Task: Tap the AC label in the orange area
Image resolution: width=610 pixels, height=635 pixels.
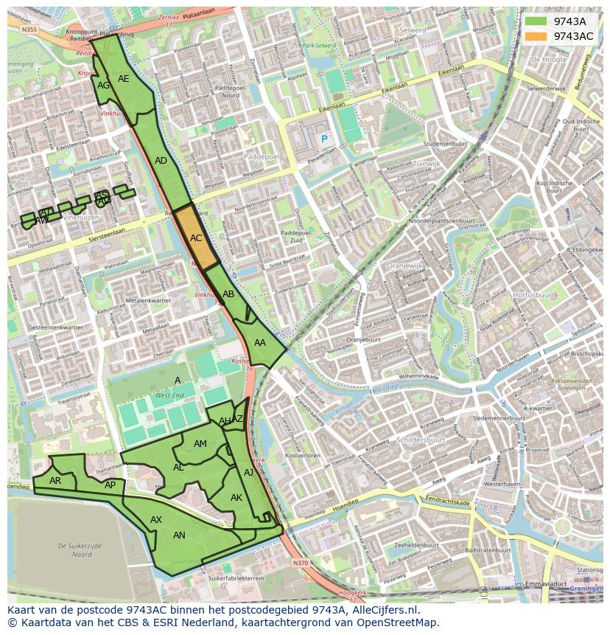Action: point(196,238)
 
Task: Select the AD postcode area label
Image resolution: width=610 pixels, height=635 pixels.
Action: point(161,161)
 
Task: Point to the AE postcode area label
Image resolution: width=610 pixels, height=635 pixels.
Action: point(124,79)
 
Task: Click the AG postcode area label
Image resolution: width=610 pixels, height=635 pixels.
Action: point(104,86)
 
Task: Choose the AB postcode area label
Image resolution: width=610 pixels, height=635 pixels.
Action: point(228,294)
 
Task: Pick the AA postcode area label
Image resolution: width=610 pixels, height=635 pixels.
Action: point(260,343)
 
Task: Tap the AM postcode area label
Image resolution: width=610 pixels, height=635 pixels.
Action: point(200,444)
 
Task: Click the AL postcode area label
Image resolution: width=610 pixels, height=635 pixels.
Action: point(178,468)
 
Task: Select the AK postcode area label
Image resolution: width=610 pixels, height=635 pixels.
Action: point(236,498)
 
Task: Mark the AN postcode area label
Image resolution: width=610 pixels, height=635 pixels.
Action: point(179,535)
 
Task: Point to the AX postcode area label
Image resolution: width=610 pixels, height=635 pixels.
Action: point(156,520)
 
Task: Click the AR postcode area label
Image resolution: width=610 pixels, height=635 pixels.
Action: point(55,481)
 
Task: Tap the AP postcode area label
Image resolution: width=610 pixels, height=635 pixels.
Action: point(110,485)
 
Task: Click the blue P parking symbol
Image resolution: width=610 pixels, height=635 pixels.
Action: point(323,139)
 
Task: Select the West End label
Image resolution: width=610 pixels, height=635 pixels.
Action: point(169,396)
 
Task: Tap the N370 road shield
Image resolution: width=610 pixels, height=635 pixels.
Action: point(300,563)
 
